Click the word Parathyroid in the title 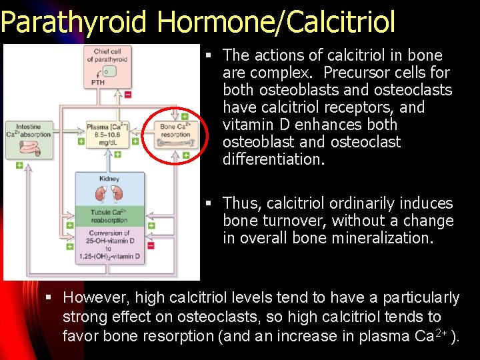tap(73, 22)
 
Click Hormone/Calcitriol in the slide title tap(276, 22)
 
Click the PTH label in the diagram tap(97, 83)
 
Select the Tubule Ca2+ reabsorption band tap(109, 216)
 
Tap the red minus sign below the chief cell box tap(128, 95)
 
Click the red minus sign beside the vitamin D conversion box tap(151, 245)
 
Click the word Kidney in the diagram tap(109, 179)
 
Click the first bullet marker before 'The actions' tap(209, 56)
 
